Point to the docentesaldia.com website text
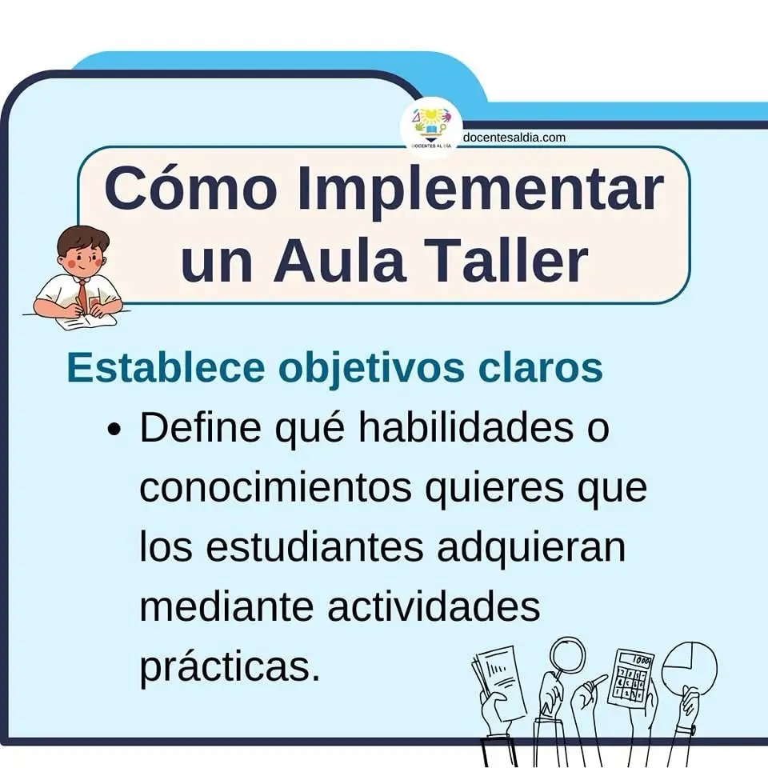(x=514, y=138)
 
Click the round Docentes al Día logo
(x=431, y=128)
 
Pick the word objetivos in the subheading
(x=371, y=370)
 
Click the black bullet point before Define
(x=114, y=430)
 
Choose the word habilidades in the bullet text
(x=466, y=427)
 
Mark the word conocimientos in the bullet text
(x=275, y=487)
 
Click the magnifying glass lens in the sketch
(x=568, y=653)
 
